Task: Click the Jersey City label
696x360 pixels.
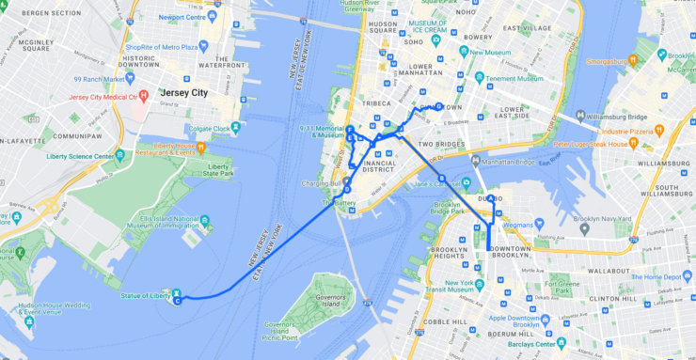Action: pyautogui.click(x=184, y=93)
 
